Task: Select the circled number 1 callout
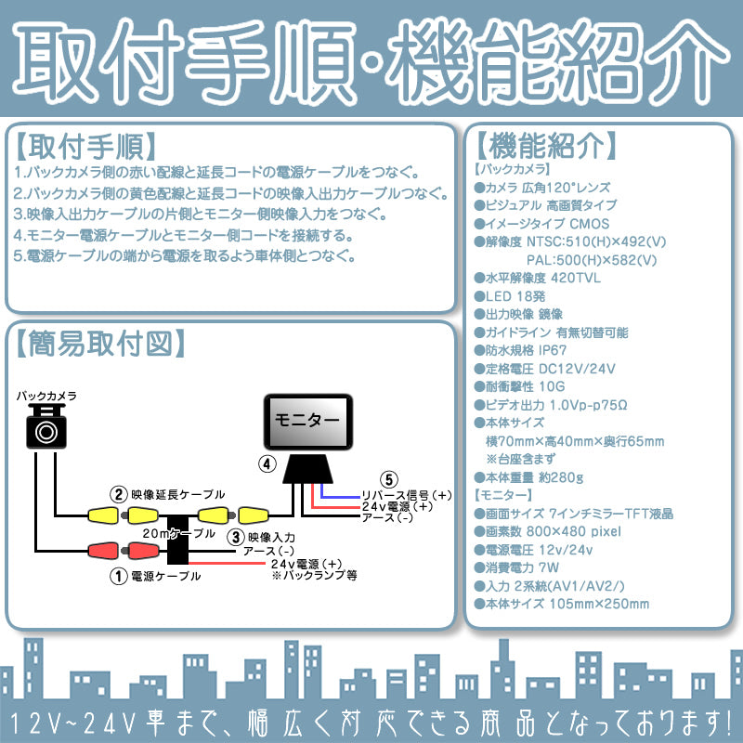(118, 575)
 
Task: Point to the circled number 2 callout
(118, 494)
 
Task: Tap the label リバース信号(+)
(407, 494)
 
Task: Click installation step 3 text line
(200, 214)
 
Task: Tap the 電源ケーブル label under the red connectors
(167, 576)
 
